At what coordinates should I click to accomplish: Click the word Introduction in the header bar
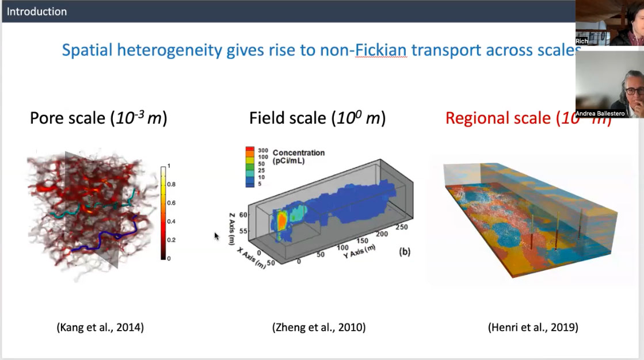[x=37, y=12]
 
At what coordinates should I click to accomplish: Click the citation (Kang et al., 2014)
[x=100, y=328]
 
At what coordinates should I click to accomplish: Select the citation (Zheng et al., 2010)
[x=319, y=328]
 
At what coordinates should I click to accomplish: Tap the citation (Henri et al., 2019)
[x=533, y=328]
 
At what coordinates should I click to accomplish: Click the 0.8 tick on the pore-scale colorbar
[x=171, y=184]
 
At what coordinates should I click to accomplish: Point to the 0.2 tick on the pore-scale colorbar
[x=171, y=240]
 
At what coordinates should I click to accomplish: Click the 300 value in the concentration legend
[x=263, y=150]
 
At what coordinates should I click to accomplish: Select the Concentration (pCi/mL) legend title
[x=298, y=156]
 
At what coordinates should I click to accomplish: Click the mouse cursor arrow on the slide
[x=216, y=235]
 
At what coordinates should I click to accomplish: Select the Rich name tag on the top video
[x=582, y=41]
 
